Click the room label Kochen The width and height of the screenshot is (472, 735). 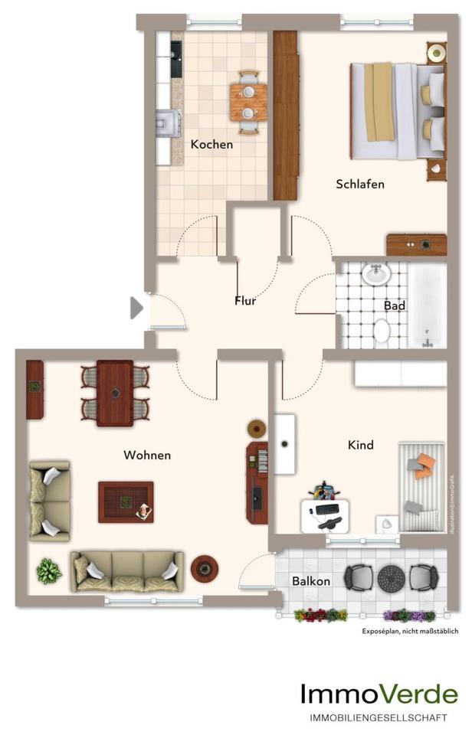point(211,144)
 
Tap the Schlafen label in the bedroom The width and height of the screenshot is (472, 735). point(359,185)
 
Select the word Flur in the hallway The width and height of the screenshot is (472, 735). point(245,300)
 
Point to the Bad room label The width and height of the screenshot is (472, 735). point(395,305)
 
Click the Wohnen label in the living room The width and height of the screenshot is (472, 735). point(147,455)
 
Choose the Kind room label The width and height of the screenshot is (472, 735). point(360,445)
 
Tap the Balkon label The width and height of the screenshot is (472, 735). point(311,581)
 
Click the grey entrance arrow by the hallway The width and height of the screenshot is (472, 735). point(136,308)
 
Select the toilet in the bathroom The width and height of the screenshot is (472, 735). point(381,331)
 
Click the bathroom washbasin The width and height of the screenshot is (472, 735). point(375,274)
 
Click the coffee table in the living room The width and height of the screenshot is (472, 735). point(126,501)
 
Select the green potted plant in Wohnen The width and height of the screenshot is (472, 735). point(48,570)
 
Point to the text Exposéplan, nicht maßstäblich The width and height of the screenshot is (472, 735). point(410,632)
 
